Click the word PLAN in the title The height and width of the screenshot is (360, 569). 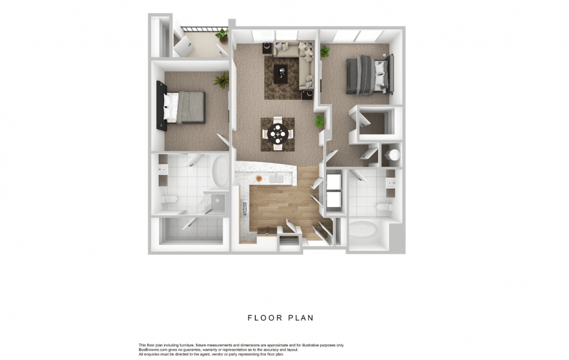pos(301,318)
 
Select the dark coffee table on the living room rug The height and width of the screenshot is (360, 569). pos(281,74)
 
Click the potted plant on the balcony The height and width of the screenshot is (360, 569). pos(222,36)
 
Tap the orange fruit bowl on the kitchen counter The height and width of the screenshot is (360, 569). pos(259,178)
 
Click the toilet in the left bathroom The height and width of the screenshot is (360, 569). pos(170,200)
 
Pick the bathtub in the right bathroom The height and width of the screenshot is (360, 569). pos(364,229)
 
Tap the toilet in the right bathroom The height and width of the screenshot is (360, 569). pos(385,208)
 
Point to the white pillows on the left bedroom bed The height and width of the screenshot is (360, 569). pos(170,107)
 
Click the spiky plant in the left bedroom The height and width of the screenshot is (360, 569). pos(222,80)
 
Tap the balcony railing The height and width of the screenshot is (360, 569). pos(205,29)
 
